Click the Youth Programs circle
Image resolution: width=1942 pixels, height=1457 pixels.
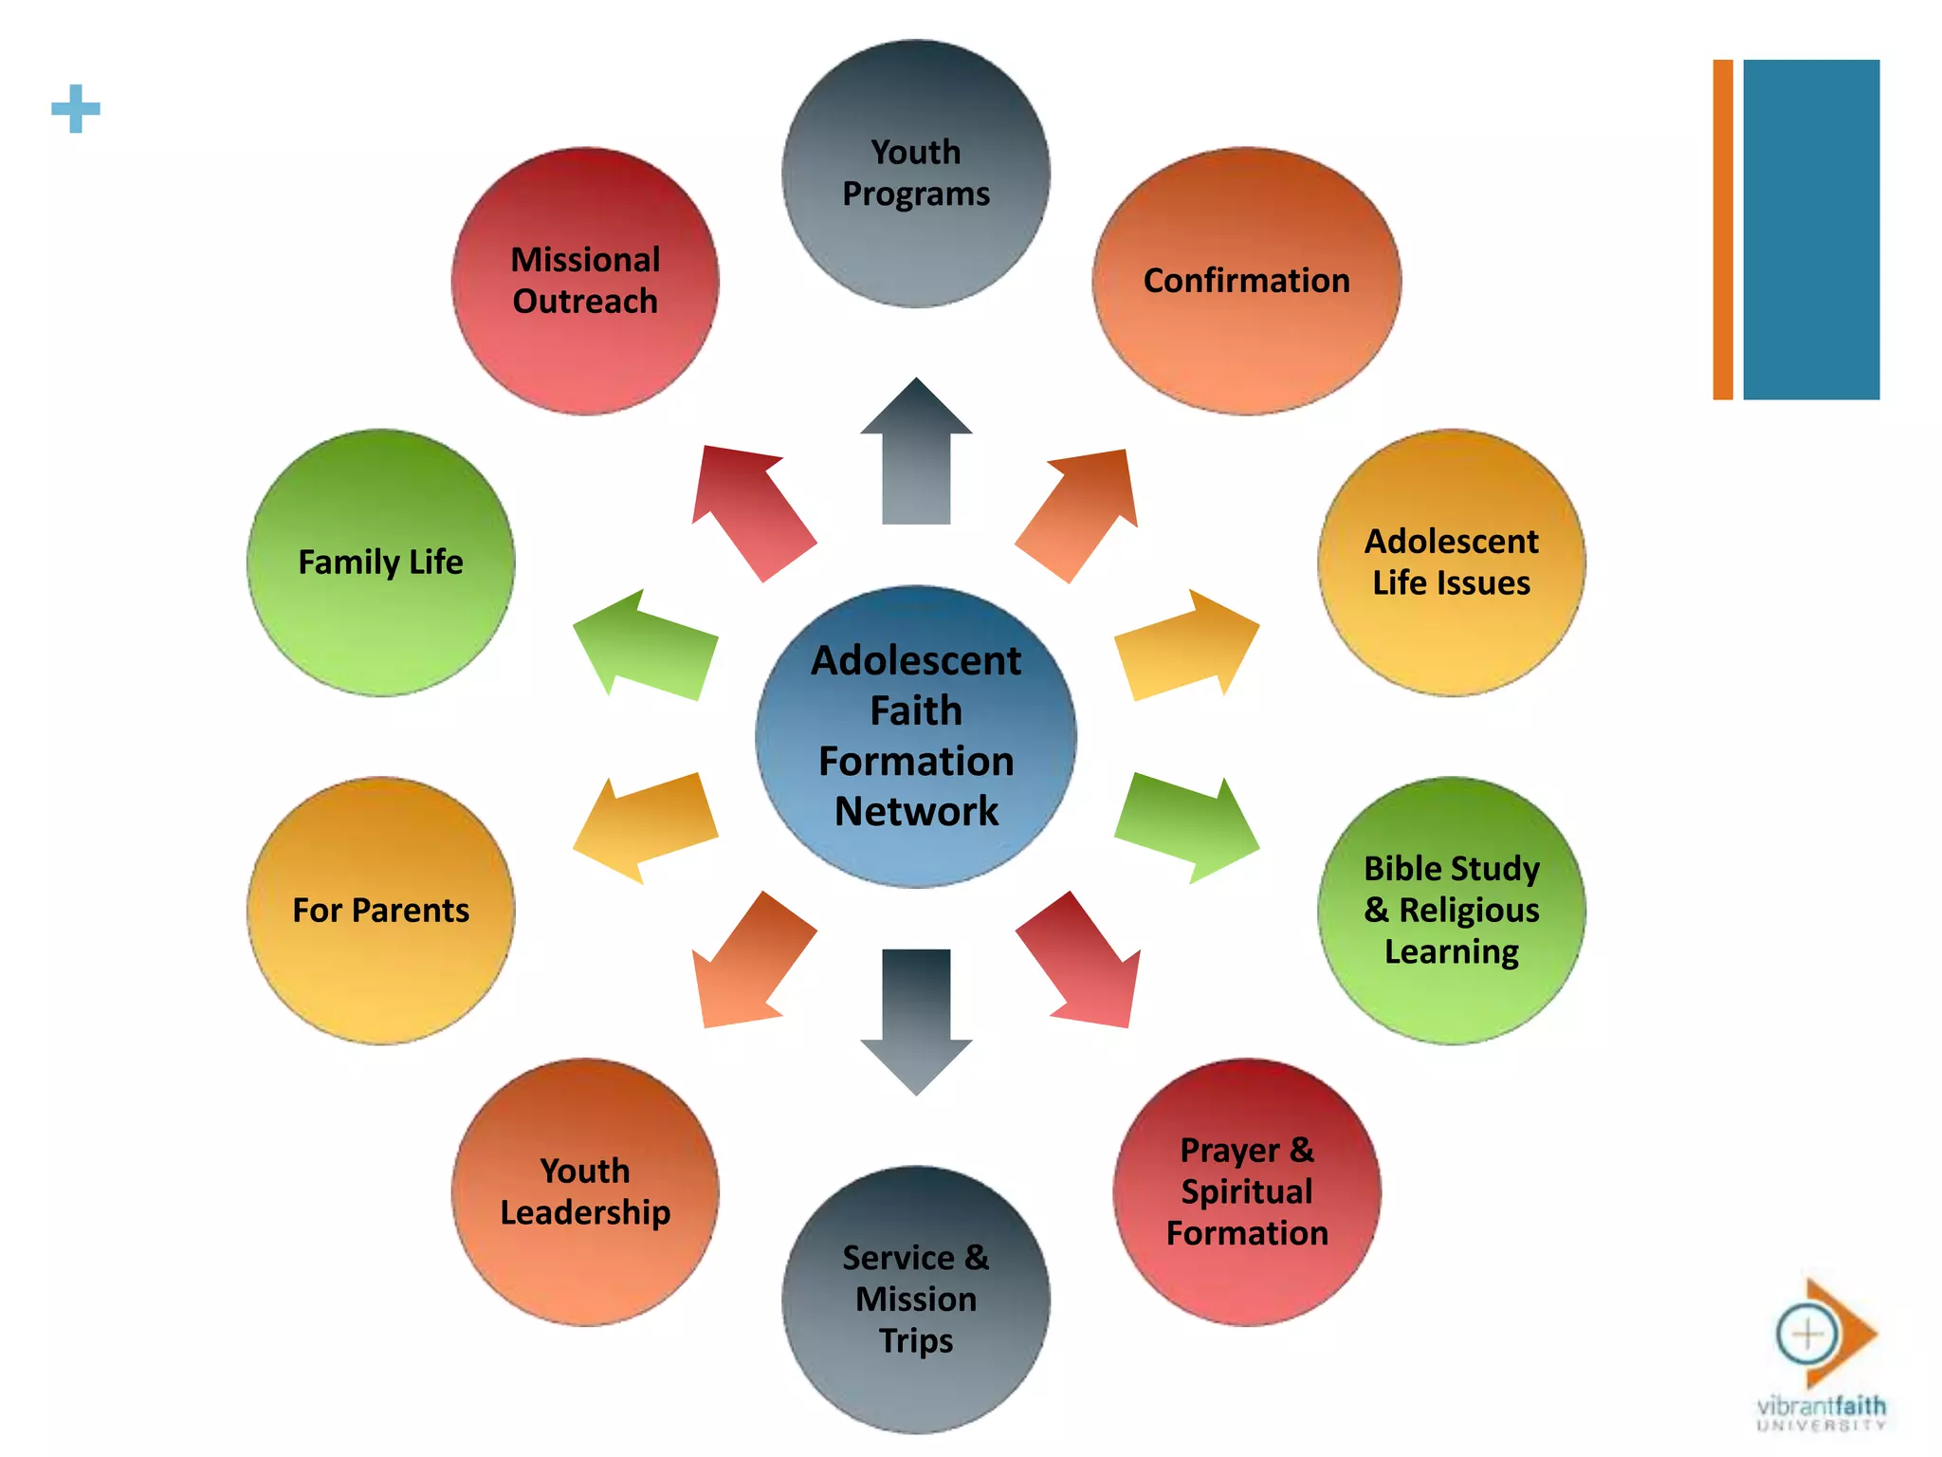point(916,174)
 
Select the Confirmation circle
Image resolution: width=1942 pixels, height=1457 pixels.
point(1246,281)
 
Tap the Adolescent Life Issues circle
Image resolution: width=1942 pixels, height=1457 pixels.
point(1451,563)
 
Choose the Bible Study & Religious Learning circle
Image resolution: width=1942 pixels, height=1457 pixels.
point(1451,911)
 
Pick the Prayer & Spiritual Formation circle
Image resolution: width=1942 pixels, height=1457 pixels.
point(1246,1191)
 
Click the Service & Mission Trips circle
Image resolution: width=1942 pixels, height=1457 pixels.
point(916,1300)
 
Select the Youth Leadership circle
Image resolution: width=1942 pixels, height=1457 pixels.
point(585,1191)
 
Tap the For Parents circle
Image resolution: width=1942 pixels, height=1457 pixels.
point(381,911)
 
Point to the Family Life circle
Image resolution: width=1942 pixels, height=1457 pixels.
point(381,563)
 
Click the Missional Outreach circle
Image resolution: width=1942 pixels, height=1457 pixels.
point(585,281)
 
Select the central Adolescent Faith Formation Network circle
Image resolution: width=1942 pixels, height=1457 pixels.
point(916,736)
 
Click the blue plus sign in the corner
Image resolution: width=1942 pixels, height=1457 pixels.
point(76,109)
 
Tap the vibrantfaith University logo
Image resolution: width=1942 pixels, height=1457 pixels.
point(1821,1356)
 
